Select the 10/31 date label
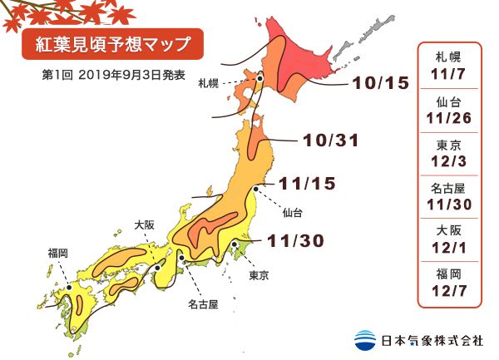click(x=330, y=141)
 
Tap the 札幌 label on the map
click(x=208, y=84)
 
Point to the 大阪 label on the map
click(x=144, y=224)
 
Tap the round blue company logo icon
click(x=365, y=339)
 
